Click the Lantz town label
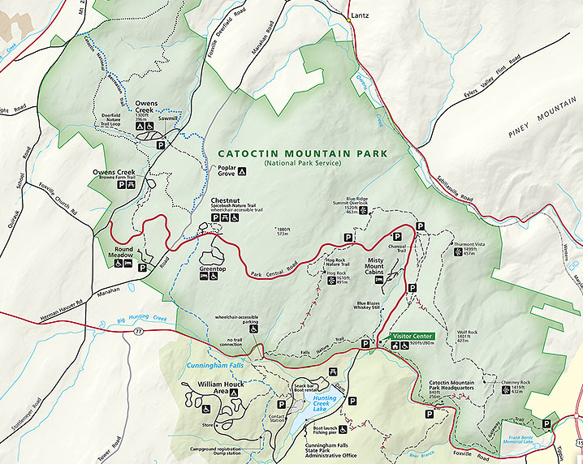click(x=361, y=15)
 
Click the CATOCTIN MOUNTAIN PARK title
click(x=303, y=153)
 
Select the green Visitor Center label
click(x=412, y=335)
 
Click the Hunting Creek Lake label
click(x=324, y=403)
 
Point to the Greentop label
click(x=214, y=267)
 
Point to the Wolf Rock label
click(x=469, y=332)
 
